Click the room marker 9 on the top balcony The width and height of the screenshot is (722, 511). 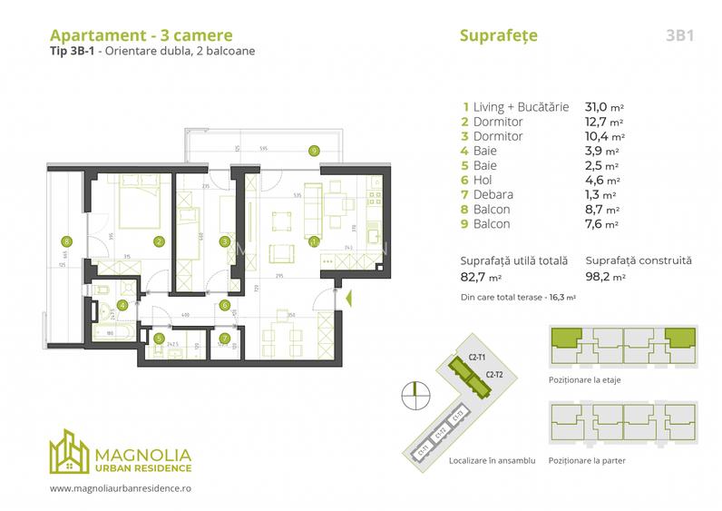pos(313,151)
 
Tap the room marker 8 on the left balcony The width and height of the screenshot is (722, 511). pos(66,241)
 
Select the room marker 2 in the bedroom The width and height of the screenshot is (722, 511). pos(159,241)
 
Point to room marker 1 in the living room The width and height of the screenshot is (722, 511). pos(314,241)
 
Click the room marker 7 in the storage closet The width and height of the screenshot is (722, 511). pos(224,340)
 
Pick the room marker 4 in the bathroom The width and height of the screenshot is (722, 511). pos(122,305)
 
